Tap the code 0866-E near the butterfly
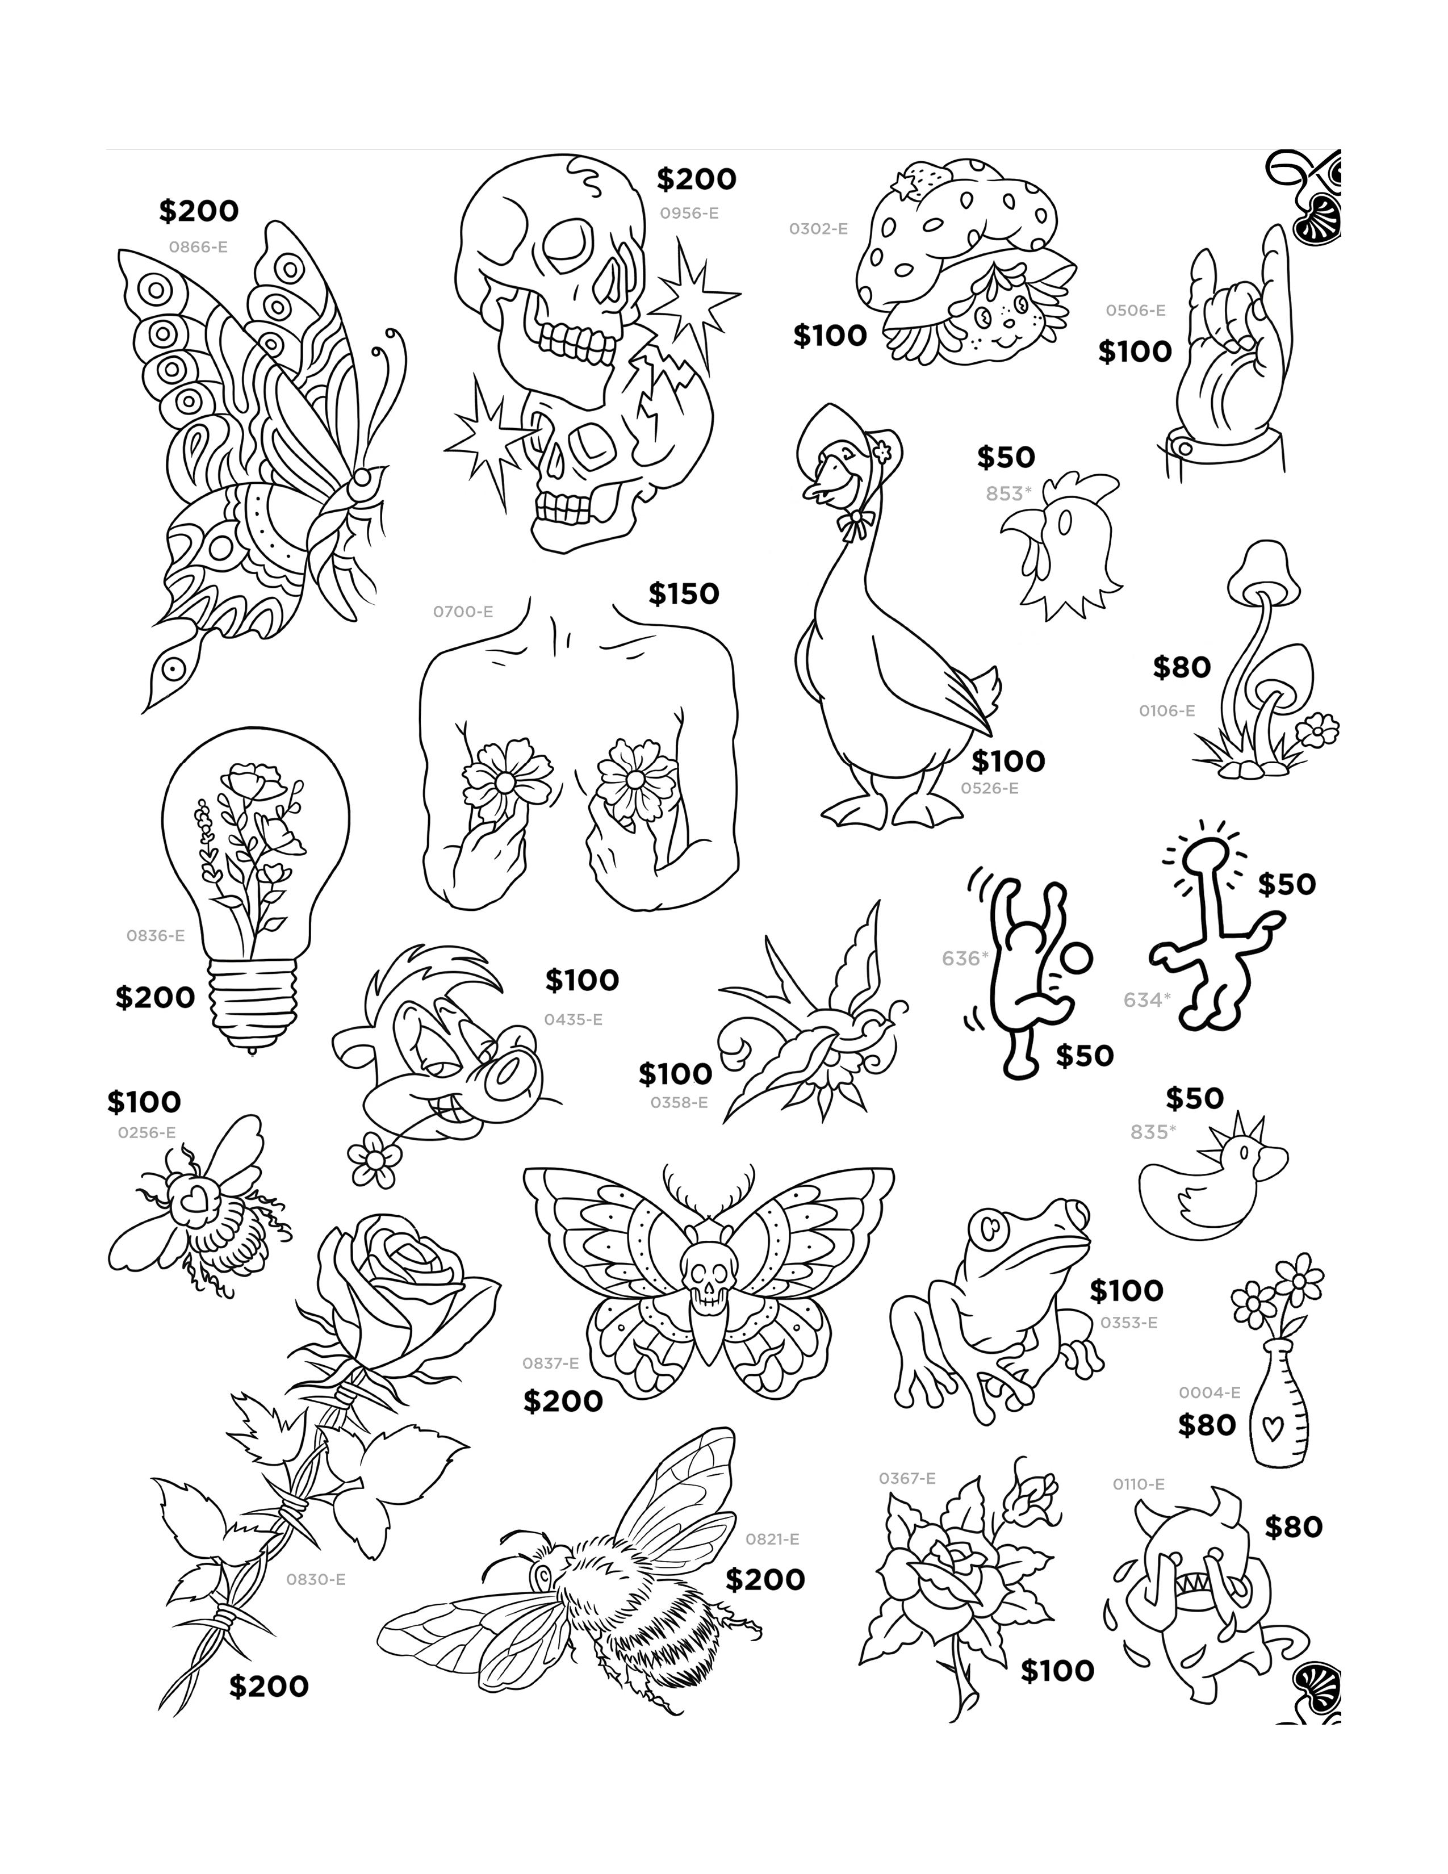[x=198, y=247]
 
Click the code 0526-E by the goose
[x=989, y=788]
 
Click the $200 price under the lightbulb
[x=155, y=997]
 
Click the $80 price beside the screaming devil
[x=1293, y=1528]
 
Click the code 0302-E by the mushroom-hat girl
[x=818, y=229]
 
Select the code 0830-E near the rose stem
[x=315, y=1579]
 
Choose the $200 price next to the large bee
[x=764, y=1580]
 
